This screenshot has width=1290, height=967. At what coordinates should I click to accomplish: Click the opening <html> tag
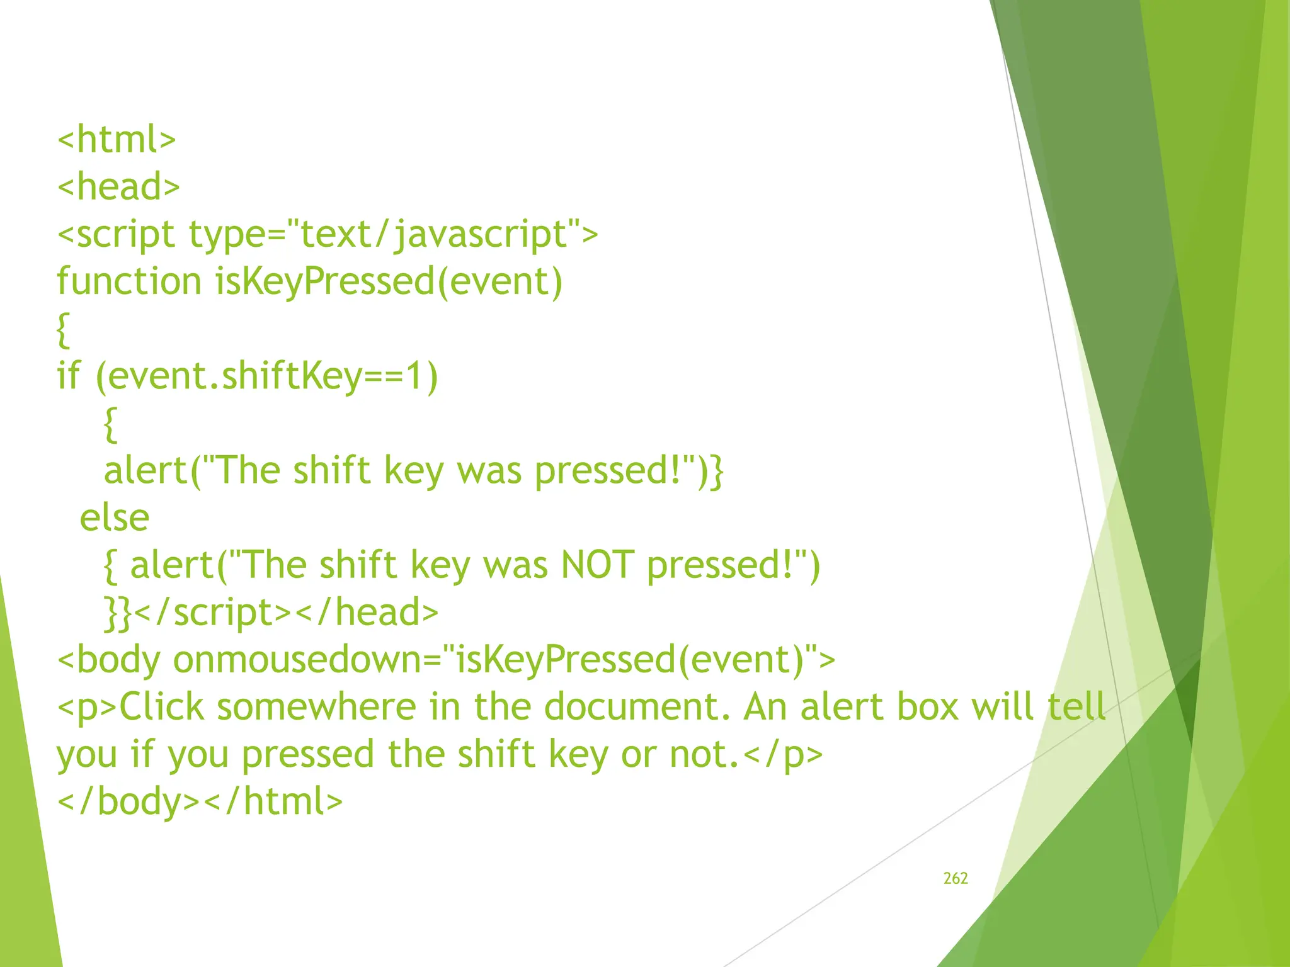tap(117, 139)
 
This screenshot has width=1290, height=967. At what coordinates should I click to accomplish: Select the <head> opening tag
tap(118, 186)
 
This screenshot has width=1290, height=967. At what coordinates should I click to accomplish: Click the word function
tap(129, 281)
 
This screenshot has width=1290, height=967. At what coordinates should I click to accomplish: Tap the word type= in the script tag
tap(237, 234)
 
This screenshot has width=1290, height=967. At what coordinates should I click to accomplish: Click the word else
tap(115, 517)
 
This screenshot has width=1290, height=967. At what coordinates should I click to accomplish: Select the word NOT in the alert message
tap(597, 565)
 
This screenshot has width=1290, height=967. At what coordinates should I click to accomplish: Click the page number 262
tap(956, 878)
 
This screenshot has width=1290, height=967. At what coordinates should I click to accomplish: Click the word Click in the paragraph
tap(162, 707)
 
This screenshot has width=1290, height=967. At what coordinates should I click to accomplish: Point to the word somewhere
tap(317, 707)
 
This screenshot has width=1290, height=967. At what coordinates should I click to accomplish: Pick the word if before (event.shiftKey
tap(69, 376)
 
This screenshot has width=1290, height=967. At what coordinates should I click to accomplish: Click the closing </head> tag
tap(366, 612)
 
